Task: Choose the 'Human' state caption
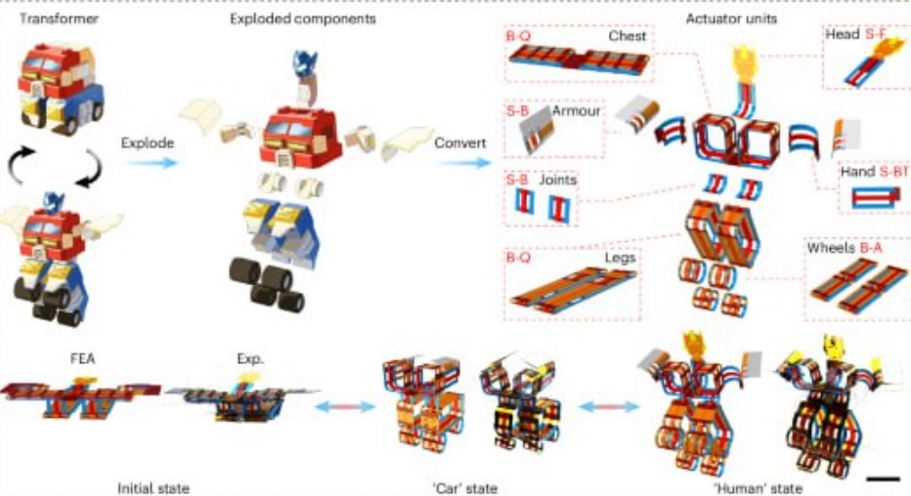(x=755, y=486)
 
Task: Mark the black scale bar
(x=882, y=478)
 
